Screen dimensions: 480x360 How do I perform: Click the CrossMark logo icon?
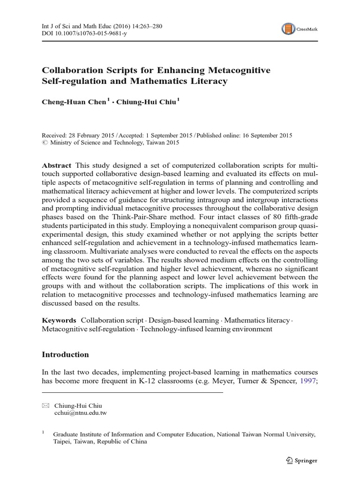point(288,29)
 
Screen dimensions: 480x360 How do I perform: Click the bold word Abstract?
point(56,166)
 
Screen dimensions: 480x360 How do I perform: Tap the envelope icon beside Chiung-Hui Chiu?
point(45,405)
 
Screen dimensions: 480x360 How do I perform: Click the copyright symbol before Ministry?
point(45,143)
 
